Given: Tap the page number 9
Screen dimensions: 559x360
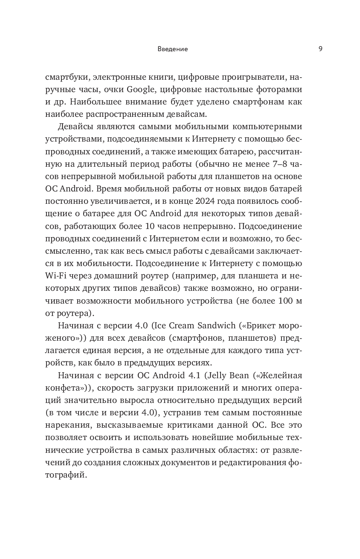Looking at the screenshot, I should [x=320, y=49].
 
